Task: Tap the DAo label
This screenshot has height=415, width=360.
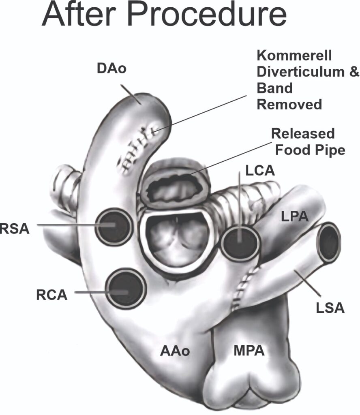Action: pos(112,68)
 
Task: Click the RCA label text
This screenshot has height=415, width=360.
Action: pos(52,295)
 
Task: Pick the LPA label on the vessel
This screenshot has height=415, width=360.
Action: pos(295,217)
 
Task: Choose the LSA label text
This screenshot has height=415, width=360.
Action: pos(330,308)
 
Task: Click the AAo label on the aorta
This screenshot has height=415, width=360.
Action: pos(174,351)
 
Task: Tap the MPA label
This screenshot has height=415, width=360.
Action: pos(249,351)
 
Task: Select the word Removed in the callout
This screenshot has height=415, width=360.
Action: pos(289,105)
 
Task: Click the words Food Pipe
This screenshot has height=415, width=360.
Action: pos(310,150)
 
